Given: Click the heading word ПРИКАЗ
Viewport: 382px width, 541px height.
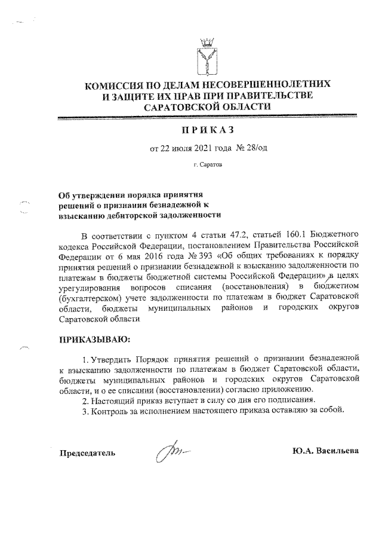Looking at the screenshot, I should [207, 130].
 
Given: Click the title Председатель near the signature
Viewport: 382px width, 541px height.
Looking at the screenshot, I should [86, 452].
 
